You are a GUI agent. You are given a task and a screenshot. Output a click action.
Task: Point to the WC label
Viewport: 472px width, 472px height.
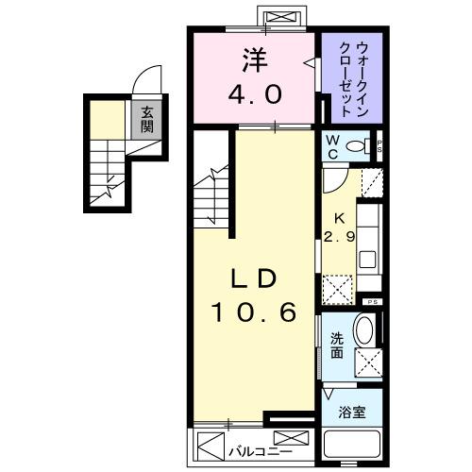[332, 145]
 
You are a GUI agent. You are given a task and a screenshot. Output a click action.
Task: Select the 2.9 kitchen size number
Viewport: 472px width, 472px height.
[338, 237]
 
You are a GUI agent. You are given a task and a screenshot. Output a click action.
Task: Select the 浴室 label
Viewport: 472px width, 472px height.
[350, 411]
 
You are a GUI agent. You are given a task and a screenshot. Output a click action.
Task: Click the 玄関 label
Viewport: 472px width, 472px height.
[147, 119]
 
